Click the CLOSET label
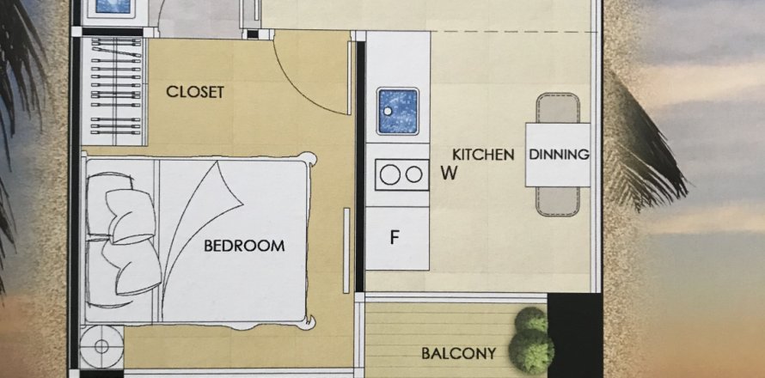(x=195, y=92)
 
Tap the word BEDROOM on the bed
(x=244, y=246)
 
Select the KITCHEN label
(x=483, y=155)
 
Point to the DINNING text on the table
(x=559, y=155)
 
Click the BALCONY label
(x=459, y=353)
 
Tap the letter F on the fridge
(x=395, y=238)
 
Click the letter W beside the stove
(x=449, y=174)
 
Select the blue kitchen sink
(x=398, y=111)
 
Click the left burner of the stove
(x=390, y=174)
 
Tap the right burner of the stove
(x=413, y=174)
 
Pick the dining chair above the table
(x=558, y=107)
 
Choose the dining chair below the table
(x=558, y=201)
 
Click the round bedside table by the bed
(x=101, y=347)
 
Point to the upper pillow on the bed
(x=131, y=215)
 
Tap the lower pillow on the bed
(x=132, y=267)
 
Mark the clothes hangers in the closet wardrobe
(x=116, y=86)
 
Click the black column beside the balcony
(x=574, y=335)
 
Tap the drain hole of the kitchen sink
(x=388, y=111)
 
